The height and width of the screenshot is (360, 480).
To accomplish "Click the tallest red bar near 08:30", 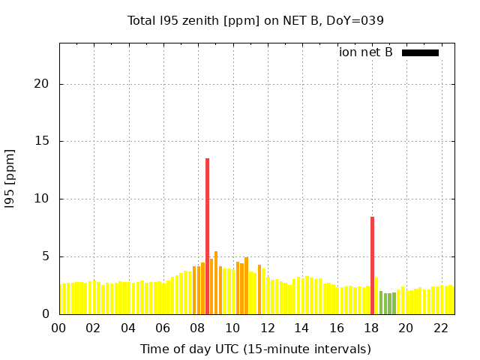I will click(x=207, y=236).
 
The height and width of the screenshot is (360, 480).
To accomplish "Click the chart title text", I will click(x=255, y=20).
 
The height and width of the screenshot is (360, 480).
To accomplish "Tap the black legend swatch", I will click(x=420, y=52).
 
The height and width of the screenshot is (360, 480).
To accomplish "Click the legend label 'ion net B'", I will click(x=365, y=52).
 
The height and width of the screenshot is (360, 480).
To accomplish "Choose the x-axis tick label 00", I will click(x=58, y=328).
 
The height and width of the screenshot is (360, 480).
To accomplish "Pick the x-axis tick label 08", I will click(x=197, y=328).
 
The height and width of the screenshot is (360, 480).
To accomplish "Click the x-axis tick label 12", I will click(x=267, y=328).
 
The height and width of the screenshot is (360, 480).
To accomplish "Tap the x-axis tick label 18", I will click(x=371, y=328).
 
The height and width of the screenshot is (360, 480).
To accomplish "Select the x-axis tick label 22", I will click(x=441, y=328).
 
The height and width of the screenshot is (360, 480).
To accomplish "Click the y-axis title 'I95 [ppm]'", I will click(x=10, y=181).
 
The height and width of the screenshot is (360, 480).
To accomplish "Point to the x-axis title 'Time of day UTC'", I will click(x=255, y=349).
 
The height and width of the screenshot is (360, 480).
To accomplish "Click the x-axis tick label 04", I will click(x=128, y=328).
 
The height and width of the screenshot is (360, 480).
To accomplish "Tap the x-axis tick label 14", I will click(x=301, y=328).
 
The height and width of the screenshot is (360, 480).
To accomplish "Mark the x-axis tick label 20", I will click(x=406, y=328).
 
